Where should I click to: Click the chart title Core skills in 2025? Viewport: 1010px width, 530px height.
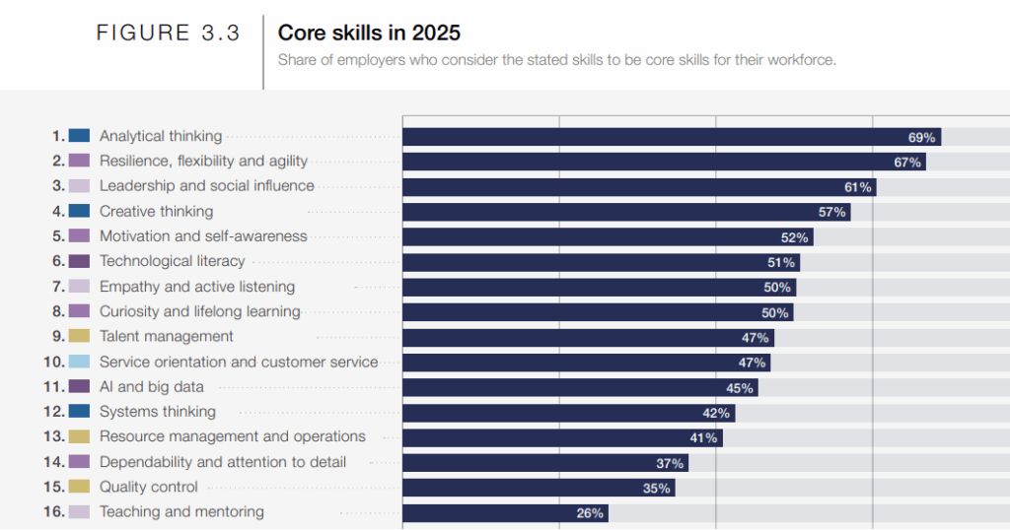[x=369, y=33]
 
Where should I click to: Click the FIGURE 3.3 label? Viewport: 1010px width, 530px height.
[x=168, y=33]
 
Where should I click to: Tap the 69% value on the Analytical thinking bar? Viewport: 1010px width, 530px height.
[x=921, y=137]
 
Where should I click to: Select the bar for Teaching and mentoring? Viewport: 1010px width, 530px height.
[x=504, y=513]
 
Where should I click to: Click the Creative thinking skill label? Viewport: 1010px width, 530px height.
[x=156, y=212]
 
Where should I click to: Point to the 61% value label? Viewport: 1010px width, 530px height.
[x=857, y=187]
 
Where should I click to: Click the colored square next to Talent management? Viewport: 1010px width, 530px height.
[x=80, y=337]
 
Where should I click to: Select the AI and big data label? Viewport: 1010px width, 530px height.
[x=151, y=387]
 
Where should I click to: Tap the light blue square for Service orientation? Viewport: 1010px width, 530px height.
[x=80, y=362]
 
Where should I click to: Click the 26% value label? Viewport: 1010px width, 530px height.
[x=590, y=513]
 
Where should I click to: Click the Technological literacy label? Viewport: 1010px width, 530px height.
[x=172, y=262]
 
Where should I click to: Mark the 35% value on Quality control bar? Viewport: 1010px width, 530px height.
[x=657, y=488]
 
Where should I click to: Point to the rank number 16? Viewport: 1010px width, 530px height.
[x=54, y=512]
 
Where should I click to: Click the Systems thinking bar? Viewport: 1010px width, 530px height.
[x=567, y=413]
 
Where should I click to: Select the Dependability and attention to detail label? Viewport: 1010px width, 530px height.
[x=222, y=462]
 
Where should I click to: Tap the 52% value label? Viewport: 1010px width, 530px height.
[x=795, y=237]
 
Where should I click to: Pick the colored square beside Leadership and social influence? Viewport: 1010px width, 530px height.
[x=80, y=186]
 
